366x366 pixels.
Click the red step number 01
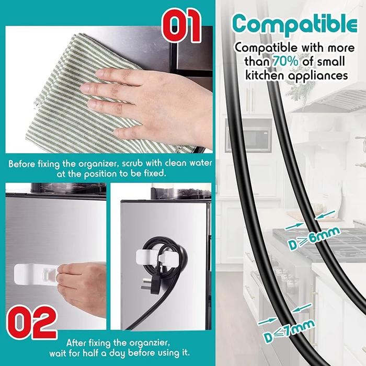[x=182, y=25]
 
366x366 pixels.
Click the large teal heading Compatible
[x=295, y=25]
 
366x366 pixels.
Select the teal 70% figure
[x=285, y=61]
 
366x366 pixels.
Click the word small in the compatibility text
[x=331, y=62]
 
